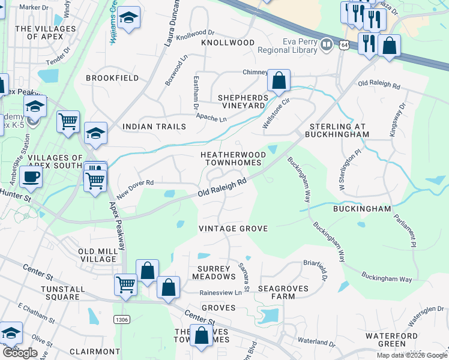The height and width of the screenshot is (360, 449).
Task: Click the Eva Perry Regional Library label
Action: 300,46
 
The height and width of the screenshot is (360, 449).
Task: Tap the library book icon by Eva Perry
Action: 327,44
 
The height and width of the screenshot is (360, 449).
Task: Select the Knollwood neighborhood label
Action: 228,43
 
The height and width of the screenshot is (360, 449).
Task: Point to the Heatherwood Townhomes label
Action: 232,158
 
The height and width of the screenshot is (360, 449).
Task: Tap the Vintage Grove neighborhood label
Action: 233,229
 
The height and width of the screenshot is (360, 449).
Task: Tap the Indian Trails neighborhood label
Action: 154,127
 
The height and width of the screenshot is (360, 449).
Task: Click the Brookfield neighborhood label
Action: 112,78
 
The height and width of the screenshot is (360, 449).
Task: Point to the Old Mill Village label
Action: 97,255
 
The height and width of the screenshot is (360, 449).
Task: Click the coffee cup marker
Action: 30,176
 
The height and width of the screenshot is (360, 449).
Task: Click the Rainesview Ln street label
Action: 224,293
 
